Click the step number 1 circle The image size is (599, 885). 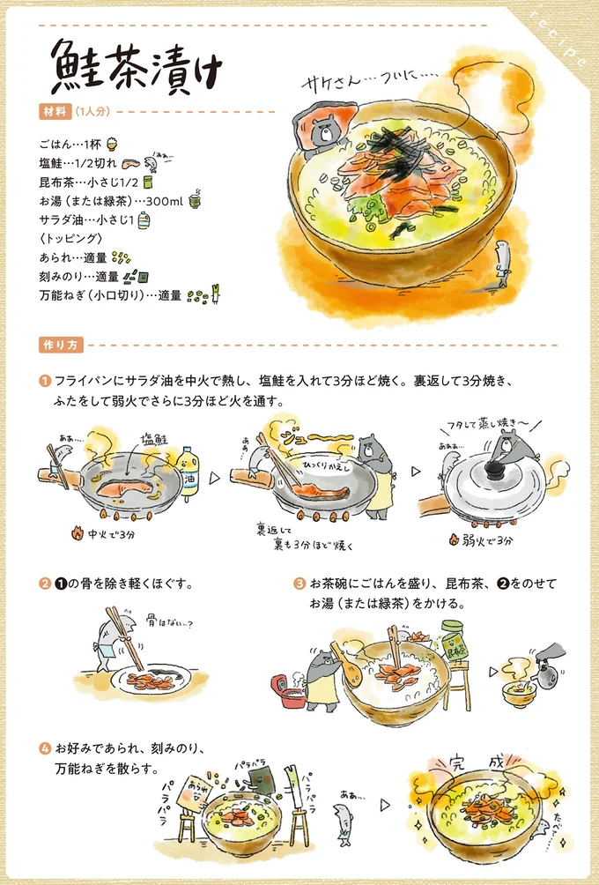[x=43, y=382]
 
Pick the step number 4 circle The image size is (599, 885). [x=43, y=749]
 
